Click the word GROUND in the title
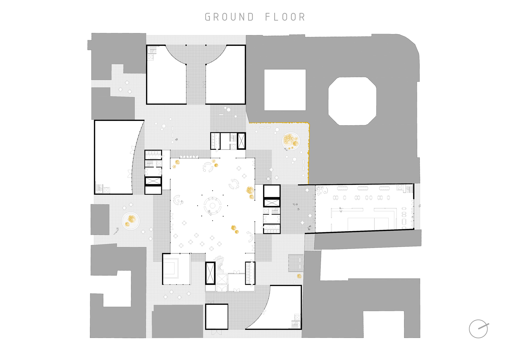click(230, 17)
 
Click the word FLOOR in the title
click(285, 17)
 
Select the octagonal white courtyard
click(352, 101)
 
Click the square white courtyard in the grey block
click(285, 90)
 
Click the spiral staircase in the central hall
click(219, 264)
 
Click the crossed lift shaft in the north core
click(241, 141)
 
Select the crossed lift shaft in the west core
click(153, 181)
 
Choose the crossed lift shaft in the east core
click(272, 203)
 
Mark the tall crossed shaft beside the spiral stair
click(210, 273)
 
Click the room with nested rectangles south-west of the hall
click(176, 269)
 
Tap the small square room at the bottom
click(217, 316)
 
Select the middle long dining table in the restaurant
click(363, 188)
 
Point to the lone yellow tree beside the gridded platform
click(299, 276)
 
